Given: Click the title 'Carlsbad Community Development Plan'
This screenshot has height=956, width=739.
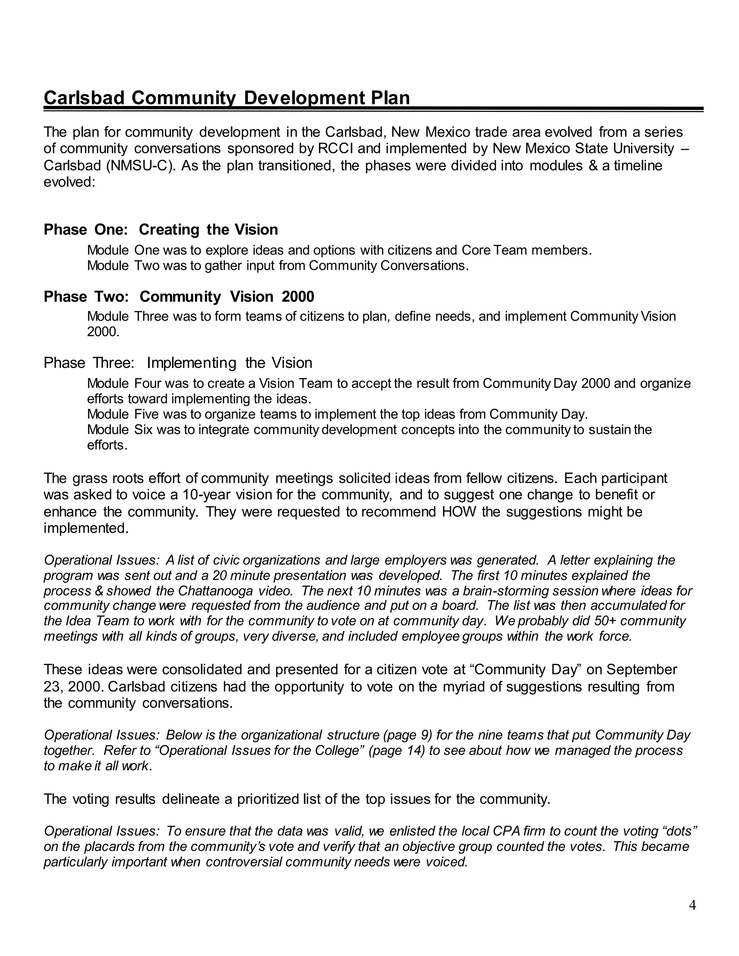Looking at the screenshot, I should tap(227, 98).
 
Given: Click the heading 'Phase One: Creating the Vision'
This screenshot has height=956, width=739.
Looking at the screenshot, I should tap(161, 230).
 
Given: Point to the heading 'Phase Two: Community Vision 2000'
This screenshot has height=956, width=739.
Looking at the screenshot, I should tap(179, 297).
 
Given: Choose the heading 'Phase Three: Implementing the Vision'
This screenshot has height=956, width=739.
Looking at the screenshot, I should tap(178, 363).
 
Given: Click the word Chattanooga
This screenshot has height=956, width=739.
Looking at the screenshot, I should tap(215, 591).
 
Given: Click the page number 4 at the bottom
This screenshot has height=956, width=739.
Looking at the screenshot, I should tap(692, 905).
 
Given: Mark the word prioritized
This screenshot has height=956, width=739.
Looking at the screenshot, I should tap(268, 799).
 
